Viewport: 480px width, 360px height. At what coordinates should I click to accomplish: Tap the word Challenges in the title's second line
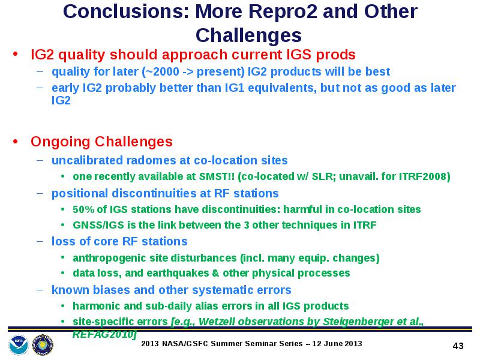tap(248, 35)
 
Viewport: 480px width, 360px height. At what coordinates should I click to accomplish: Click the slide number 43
tap(458, 346)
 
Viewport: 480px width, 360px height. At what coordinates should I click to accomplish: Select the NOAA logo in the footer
tap(19, 345)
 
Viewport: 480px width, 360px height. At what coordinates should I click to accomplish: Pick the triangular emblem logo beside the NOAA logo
tap(43, 345)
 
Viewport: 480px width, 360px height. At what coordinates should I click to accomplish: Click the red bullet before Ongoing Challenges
tap(16, 142)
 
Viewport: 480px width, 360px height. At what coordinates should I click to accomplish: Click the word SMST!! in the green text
tap(217, 176)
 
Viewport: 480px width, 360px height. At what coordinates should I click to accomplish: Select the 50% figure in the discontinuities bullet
tap(83, 209)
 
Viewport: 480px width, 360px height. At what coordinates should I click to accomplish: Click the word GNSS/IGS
tap(98, 226)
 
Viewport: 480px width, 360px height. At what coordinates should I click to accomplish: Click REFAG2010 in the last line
tap(103, 334)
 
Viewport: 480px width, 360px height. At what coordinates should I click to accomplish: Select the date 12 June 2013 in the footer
tap(337, 344)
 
